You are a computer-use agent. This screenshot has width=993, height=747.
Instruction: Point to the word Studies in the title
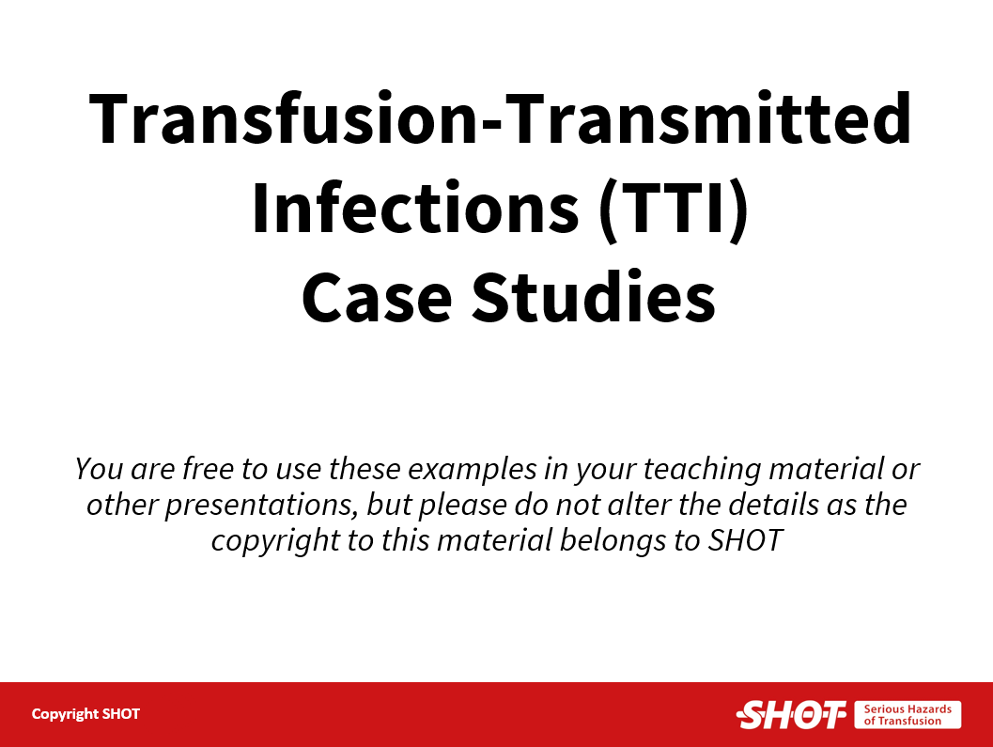594,296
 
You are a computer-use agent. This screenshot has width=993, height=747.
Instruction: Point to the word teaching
702,471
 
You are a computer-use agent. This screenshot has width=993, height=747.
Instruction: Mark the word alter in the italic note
639,505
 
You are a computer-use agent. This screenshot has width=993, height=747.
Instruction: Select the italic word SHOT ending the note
745,541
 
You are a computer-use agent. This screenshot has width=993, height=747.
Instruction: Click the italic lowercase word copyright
275,542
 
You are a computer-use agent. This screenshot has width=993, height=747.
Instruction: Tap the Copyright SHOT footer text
85,714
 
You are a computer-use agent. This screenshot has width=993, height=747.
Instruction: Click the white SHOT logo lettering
791,715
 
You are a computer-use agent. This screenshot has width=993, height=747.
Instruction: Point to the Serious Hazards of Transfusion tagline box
908,715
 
